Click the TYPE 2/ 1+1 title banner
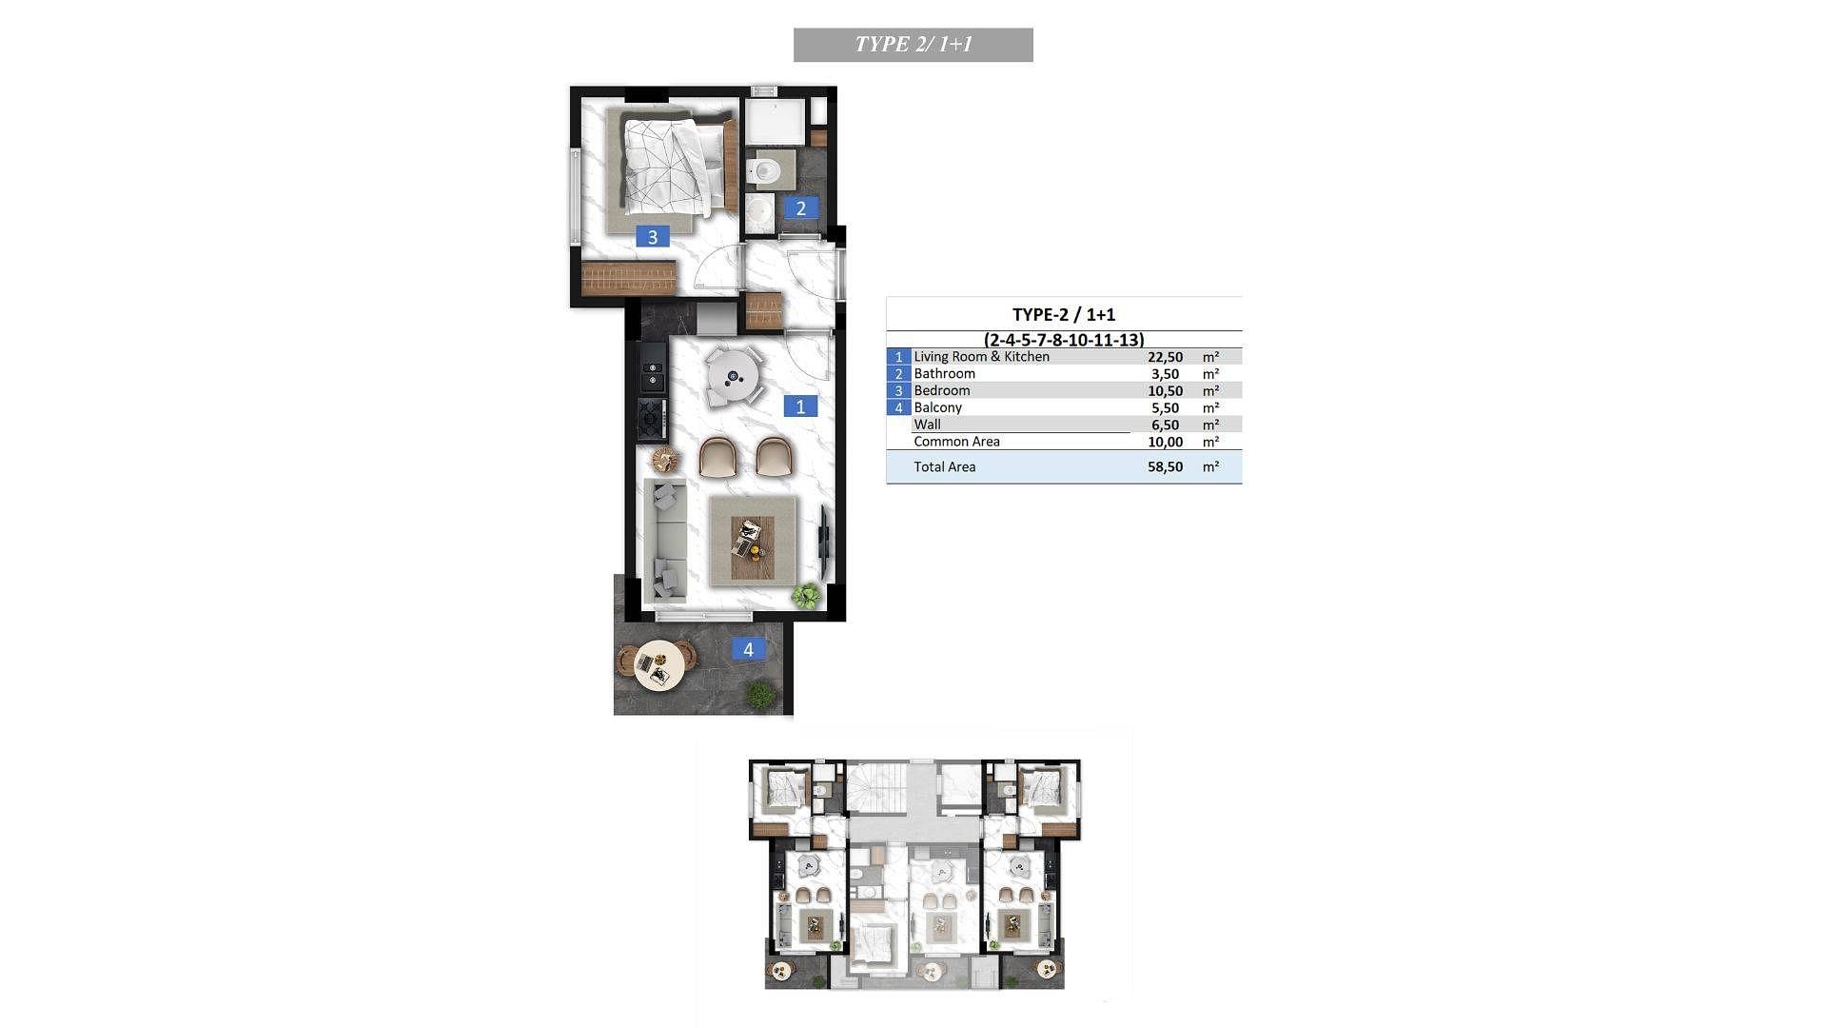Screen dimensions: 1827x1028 point(913,45)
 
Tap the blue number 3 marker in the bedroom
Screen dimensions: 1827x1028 point(652,237)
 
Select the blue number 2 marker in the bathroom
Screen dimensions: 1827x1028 point(800,208)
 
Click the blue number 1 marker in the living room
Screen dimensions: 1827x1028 point(800,406)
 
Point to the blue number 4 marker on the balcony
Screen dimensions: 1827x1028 point(748,649)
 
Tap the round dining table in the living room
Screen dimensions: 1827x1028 point(735,377)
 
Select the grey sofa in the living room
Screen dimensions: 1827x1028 point(665,541)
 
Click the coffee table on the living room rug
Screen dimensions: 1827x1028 point(753,548)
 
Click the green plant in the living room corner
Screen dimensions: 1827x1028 point(806,597)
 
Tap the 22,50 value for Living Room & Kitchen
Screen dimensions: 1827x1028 point(1166,357)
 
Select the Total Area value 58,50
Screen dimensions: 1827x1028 point(1166,466)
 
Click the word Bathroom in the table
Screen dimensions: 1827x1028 point(944,374)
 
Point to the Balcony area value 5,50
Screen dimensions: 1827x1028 point(1166,408)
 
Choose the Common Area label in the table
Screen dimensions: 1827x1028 point(956,442)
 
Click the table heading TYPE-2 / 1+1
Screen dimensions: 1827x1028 point(1064,314)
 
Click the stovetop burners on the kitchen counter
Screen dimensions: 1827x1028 point(653,416)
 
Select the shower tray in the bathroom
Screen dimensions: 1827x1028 point(775,123)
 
